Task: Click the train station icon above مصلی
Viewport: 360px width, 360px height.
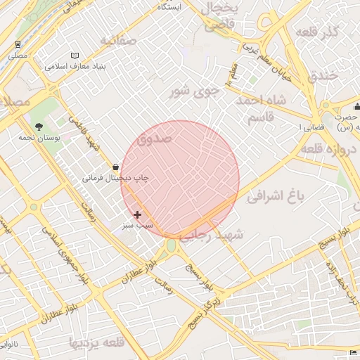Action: pos(15,44)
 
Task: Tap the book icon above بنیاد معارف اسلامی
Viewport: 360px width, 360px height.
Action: pos(76,56)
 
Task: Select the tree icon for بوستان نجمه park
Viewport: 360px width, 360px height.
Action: pos(38,127)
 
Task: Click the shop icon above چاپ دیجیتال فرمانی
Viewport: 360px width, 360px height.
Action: pos(115,167)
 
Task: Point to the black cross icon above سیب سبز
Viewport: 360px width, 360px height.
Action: pos(136,214)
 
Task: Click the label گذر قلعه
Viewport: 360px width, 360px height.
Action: pos(319,32)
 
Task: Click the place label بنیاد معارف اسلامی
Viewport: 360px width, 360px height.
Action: pos(76,67)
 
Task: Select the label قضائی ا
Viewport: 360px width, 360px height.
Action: pos(309,127)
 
